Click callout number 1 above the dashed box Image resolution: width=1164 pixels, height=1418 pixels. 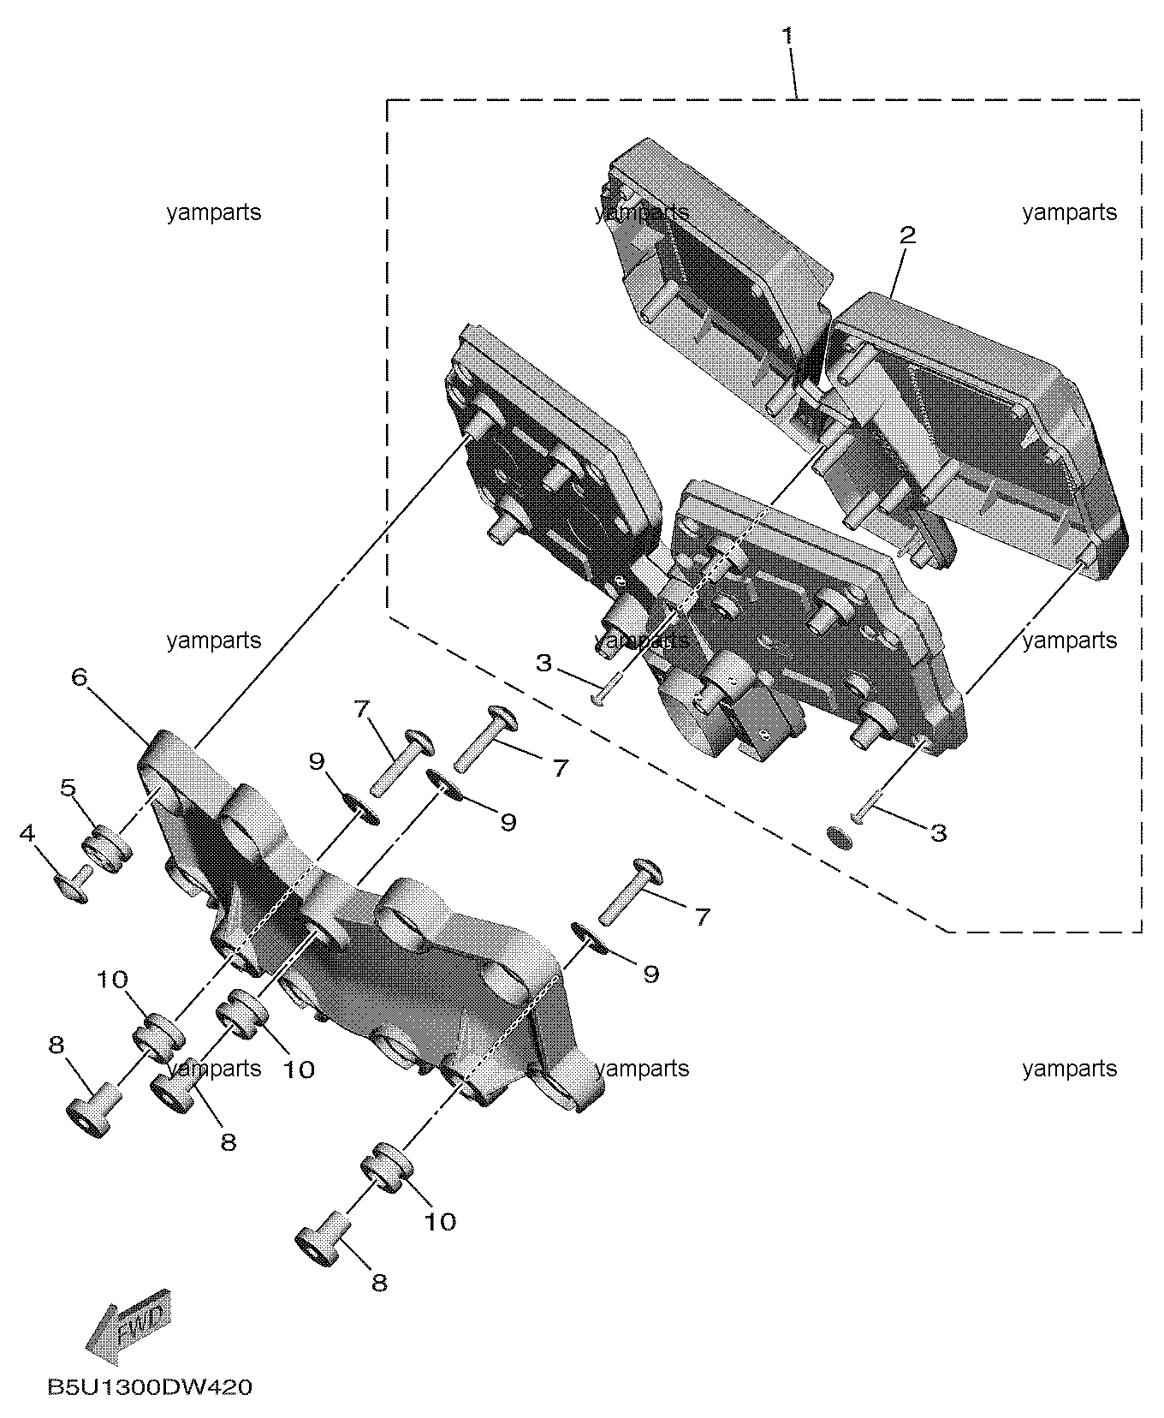pyautogui.click(x=787, y=36)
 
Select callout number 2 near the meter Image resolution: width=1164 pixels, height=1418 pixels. pyautogui.click(x=907, y=235)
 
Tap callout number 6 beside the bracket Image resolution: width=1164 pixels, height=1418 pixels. pyautogui.click(x=79, y=677)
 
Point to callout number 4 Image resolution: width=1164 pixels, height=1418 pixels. pyautogui.click(x=28, y=831)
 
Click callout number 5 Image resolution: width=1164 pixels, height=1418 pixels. pyautogui.click(x=68, y=786)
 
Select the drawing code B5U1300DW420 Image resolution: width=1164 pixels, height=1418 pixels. pyautogui.click(x=150, y=1386)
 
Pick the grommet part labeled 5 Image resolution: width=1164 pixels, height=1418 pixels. pyautogui.click(x=107, y=848)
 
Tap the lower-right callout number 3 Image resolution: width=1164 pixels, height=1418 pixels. pyautogui.click(x=939, y=832)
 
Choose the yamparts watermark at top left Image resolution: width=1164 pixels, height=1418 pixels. pyautogui.click(x=214, y=212)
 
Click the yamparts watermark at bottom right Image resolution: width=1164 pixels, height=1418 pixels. pyautogui.click(x=1070, y=1069)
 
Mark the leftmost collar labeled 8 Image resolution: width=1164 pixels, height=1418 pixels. pyautogui.click(x=92, y=1111)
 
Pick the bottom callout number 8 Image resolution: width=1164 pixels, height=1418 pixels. pyautogui.click(x=379, y=1282)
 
